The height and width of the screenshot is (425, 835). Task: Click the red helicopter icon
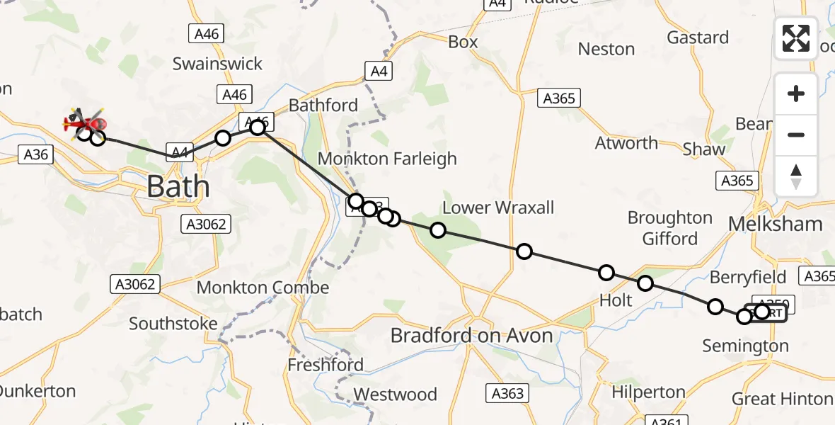[85, 123]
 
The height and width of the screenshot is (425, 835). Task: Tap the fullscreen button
[796, 38]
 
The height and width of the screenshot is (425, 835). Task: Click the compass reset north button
[796, 176]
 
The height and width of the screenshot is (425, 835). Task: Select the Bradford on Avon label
[472, 335]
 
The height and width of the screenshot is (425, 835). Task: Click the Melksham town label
[776, 225]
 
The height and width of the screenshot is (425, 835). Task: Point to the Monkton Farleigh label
[388, 159]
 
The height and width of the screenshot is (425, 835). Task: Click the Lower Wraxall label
[498, 208]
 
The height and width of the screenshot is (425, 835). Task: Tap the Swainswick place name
[217, 64]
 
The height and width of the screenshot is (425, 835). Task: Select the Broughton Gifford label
[669, 227]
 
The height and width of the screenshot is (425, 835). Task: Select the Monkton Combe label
[263, 288]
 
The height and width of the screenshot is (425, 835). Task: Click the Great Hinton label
[782, 399]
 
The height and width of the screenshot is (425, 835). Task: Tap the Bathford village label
[323, 106]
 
